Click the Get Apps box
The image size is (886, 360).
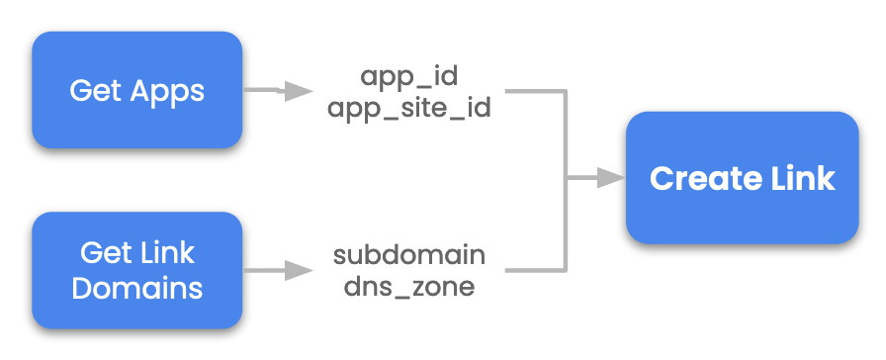137,90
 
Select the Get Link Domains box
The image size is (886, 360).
137,270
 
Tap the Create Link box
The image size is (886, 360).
742,179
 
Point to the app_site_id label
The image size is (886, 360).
409,106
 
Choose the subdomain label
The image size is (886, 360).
409,255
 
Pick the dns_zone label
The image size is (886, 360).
409,287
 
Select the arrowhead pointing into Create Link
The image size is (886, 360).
613,179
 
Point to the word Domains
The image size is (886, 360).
137,288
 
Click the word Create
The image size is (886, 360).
698,179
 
